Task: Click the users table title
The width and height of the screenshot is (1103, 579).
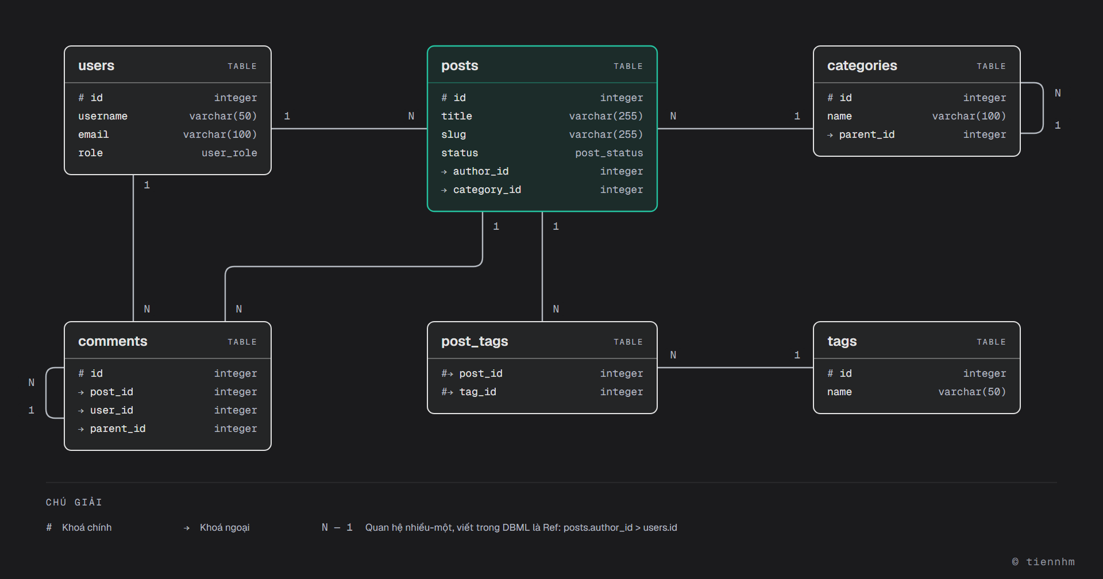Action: (x=96, y=65)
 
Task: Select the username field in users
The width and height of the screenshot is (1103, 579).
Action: (x=103, y=116)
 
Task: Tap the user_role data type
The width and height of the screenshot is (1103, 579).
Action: (x=229, y=153)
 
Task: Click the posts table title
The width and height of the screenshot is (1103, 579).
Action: (x=460, y=65)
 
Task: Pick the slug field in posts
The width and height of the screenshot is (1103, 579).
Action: (x=453, y=134)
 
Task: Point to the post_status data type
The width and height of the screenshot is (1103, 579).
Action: (x=609, y=153)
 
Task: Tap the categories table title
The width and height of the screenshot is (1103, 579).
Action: (x=862, y=65)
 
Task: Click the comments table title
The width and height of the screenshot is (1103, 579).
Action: (x=113, y=341)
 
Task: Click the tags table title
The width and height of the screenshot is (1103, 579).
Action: (x=842, y=341)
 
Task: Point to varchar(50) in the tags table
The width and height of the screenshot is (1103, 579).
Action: (x=972, y=392)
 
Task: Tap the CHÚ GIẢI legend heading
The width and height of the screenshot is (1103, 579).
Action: (x=74, y=502)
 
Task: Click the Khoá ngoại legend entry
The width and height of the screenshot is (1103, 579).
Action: (x=225, y=527)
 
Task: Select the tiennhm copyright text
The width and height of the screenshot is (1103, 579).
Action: (x=1043, y=562)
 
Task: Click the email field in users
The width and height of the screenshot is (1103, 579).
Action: (x=93, y=134)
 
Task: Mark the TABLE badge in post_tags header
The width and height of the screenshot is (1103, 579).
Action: (x=628, y=342)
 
